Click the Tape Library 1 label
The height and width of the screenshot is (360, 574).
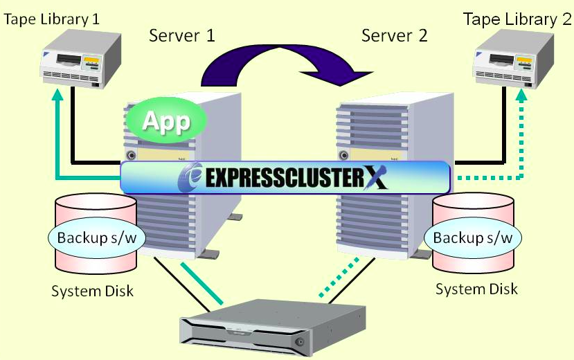click(x=52, y=18)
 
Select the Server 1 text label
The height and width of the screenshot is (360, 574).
click(x=182, y=35)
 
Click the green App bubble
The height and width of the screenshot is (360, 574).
click(x=166, y=121)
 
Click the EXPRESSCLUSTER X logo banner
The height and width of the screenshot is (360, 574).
click(x=285, y=177)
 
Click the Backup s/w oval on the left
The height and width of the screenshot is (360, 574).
click(x=91, y=237)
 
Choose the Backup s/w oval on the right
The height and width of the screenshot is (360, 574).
click(x=473, y=237)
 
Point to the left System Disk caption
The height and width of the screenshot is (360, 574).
click(x=92, y=290)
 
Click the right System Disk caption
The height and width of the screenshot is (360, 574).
click(x=476, y=288)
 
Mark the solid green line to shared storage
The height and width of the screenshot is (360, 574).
click(x=203, y=283)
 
